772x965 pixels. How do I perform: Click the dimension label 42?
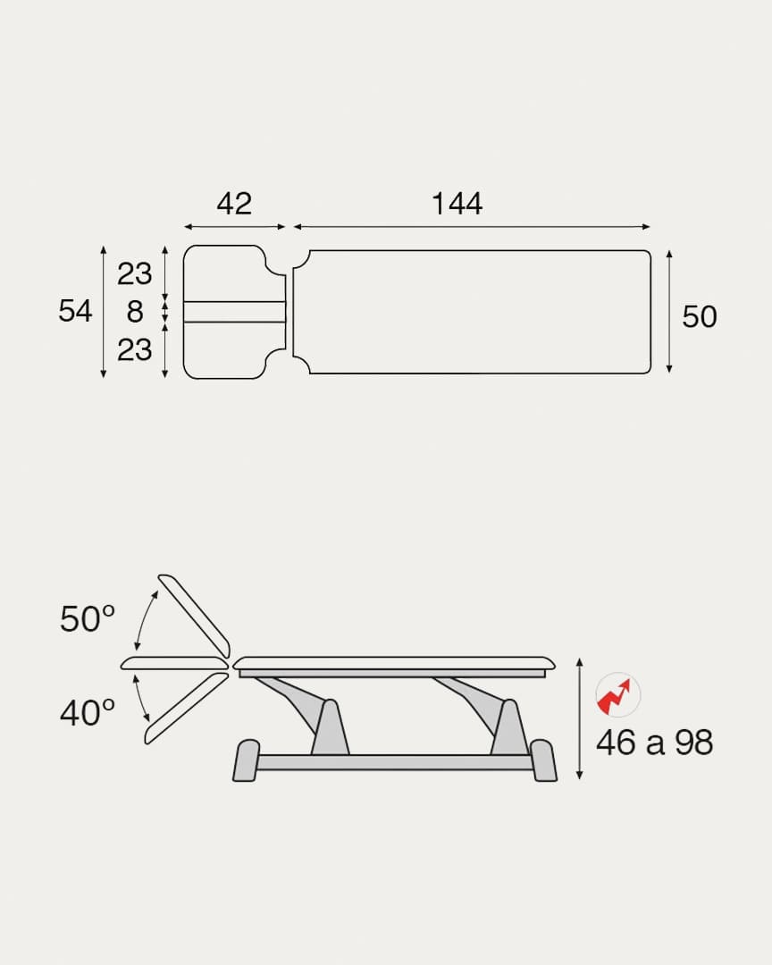coord(234,204)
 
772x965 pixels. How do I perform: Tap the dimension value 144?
coord(457,204)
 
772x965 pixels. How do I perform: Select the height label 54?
coord(75,311)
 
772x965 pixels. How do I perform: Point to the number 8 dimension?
coord(135,312)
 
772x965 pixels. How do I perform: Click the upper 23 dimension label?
coord(135,273)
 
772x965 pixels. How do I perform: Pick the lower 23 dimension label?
coord(135,349)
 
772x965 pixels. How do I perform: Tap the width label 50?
coord(699,316)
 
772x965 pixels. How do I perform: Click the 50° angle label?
coord(88,618)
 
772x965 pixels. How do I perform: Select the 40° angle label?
coord(88,713)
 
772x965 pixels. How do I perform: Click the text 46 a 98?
coord(654,743)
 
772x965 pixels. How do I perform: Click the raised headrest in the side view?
coord(194,616)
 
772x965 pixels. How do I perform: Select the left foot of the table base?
coord(246,760)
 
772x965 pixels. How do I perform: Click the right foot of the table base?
coord(542,760)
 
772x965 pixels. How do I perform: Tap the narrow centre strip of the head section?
coord(234,312)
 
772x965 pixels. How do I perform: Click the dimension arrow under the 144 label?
coord(471,227)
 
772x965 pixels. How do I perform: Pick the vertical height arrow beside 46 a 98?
coord(580,718)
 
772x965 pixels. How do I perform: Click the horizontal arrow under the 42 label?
coord(234,227)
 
